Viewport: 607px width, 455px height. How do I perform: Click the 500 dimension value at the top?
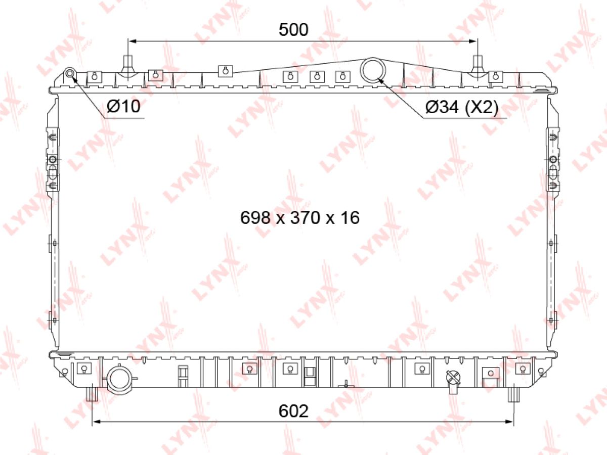pyautogui.click(x=293, y=29)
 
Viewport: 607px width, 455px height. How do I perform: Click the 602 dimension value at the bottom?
pyautogui.click(x=293, y=411)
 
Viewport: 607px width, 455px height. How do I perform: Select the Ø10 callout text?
pyautogui.click(x=123, y=106)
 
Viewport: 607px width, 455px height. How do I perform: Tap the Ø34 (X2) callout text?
pyautogui.click(x=462, y=107)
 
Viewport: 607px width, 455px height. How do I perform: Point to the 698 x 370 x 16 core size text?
pyautogui.click(x=300, y=217)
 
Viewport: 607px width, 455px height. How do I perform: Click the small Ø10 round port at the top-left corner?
pyautogui.click(x=70, y=73)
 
